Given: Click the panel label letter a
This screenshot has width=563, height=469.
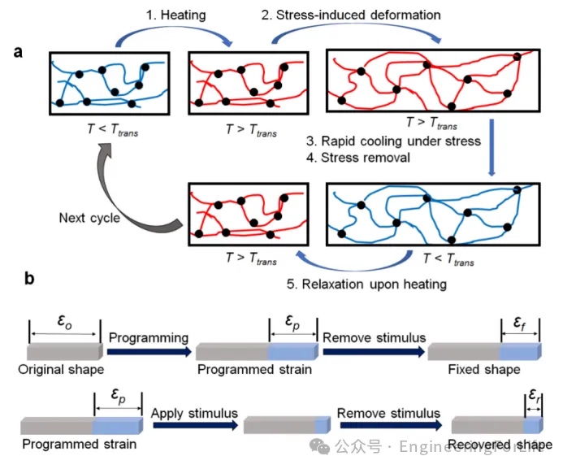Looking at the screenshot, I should click(x=18, y=54).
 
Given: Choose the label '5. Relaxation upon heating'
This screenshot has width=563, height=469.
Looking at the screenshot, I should click(x=366, y=284).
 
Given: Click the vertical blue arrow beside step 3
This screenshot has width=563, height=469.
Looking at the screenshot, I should click(x=492, y=146).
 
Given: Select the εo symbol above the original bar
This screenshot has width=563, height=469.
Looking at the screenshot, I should click(x=63, y=320).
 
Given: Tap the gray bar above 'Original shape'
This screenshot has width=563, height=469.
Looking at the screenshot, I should click(x=63, y=351).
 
